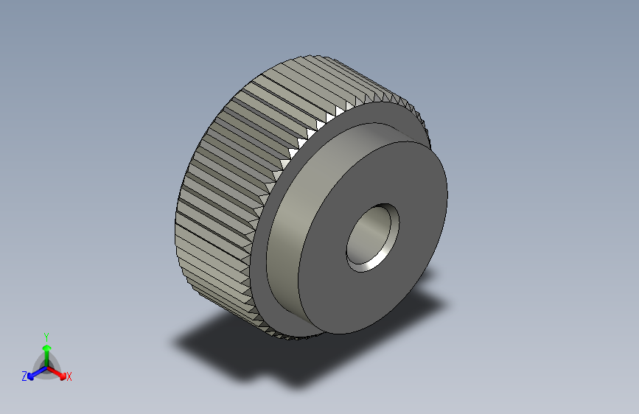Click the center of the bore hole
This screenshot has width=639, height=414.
[372, 237]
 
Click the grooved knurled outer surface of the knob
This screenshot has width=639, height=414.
[221, 184]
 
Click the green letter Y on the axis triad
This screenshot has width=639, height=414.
[46, 335]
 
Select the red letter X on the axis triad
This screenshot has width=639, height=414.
[69, 376]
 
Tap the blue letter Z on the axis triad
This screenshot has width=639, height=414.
[24, 376]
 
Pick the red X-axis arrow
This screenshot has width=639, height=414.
[59, 372]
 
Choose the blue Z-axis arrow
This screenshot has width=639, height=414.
[34, 373]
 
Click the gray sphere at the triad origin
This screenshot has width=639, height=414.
[46, 366]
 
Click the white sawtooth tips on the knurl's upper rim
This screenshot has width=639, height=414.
[310, 133]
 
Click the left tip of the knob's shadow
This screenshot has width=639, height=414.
[176, 343]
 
